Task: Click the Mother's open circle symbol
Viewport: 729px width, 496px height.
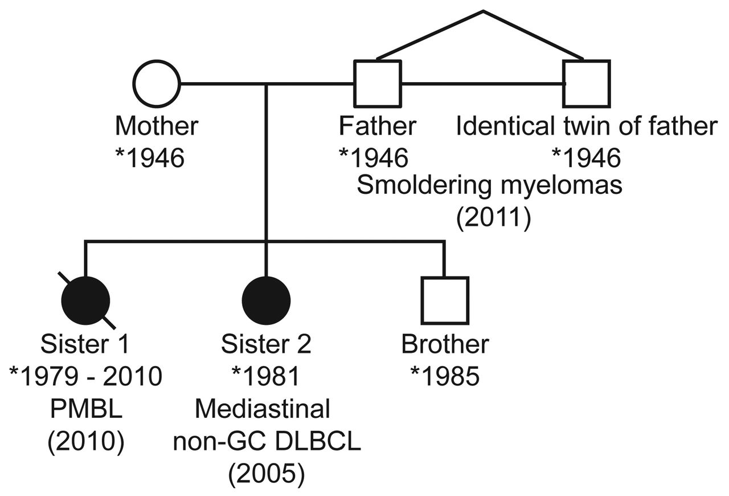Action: coord(157,83)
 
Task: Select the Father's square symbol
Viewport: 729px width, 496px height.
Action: coord(378,83)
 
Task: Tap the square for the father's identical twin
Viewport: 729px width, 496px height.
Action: coord(587,83)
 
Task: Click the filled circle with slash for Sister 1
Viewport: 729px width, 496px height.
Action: coord(85,300)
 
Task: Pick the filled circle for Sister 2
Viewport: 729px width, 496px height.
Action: coord(267,300)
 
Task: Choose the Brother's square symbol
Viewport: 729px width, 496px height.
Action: coord(445,300)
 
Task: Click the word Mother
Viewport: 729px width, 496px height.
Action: coord(157,125)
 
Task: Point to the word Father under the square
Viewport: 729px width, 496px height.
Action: coord(378,125)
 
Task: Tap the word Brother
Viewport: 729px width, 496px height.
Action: coord(445,344)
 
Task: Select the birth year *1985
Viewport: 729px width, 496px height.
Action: coord(445,377)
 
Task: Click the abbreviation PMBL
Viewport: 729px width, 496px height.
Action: coord(85,409)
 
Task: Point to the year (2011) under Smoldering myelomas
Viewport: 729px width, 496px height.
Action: coord(493,218)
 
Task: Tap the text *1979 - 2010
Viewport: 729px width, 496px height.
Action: coord(85,377)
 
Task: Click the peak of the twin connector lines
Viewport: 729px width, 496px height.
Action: coord(483,11)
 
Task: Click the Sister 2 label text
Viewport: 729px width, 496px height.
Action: coord(266,344)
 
